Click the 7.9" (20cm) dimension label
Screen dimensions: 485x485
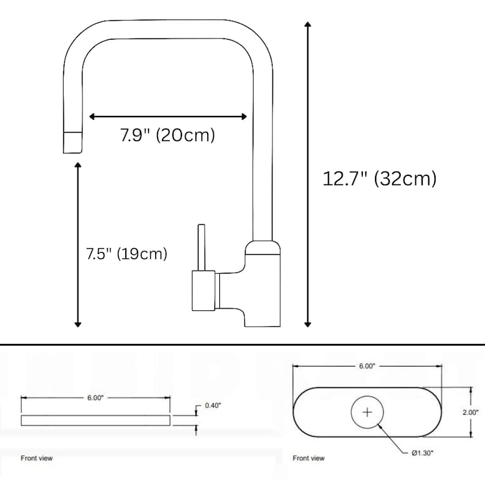167,135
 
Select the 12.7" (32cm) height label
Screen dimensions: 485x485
379,179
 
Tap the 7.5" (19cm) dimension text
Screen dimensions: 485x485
126,254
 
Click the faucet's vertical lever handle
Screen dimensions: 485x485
202,247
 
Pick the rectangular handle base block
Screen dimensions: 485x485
203,291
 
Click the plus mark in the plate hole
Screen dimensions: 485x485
367,412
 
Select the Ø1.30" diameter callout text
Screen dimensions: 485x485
423,453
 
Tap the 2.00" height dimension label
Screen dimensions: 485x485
470,412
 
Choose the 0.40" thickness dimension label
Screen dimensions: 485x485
213,406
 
